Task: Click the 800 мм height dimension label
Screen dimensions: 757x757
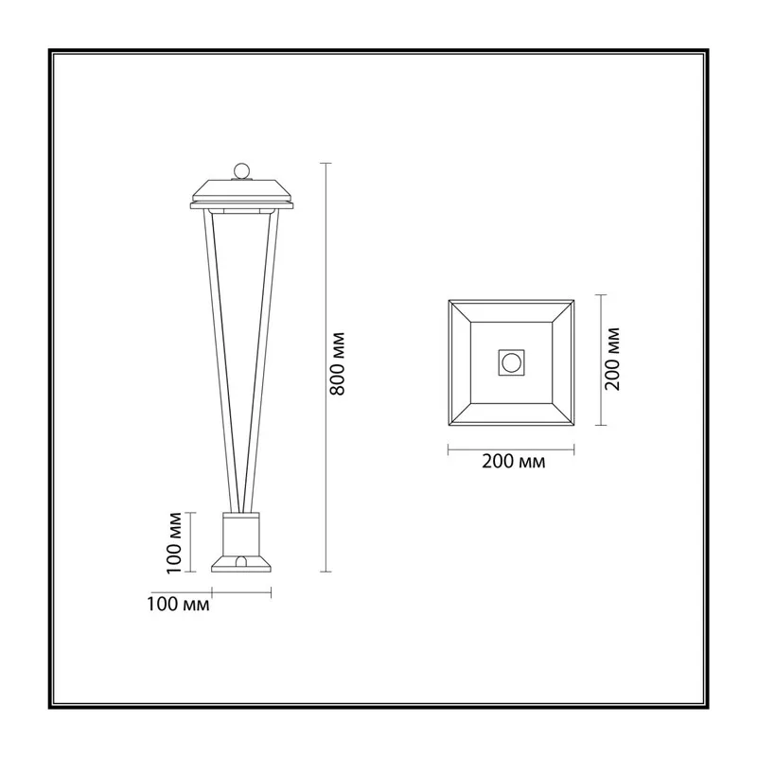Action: (337, 363)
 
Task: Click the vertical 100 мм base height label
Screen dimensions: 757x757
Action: (174, 542)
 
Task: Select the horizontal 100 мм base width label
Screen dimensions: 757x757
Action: (178, 604)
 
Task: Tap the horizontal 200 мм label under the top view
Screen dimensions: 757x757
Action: (513, 462)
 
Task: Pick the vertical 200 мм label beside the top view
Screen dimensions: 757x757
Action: (611, 359)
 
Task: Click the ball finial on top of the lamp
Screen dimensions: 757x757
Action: (241, 171)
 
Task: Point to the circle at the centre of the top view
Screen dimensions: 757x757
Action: (511, 362)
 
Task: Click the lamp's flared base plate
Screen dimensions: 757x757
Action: (241, 564)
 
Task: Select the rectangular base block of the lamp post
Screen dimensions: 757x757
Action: (241, 535)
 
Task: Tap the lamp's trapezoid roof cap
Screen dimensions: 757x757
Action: (242, 191)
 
